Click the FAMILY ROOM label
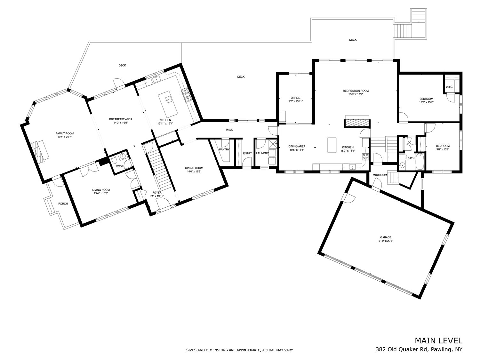65,133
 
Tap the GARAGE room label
386,237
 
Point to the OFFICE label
295,98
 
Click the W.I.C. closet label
449,87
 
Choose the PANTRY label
224,149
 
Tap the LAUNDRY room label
262,153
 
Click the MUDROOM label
380,175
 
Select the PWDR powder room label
120,166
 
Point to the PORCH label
63,204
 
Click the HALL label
229,130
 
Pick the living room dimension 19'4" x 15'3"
101,193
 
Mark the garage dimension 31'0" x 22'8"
386,241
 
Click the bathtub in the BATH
420,162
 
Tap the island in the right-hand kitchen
332,145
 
